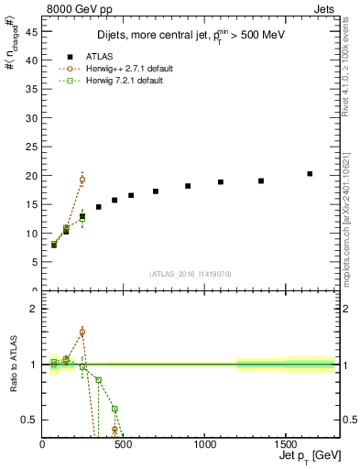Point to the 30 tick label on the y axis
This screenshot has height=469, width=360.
tap(31, 117)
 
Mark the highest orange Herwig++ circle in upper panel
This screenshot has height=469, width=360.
tap(82, 180)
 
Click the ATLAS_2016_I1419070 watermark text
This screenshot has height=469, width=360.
tap(190, 273)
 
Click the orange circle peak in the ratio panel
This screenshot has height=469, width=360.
tap(82, 333)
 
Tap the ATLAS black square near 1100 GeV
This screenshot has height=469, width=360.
tap(221, 182)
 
